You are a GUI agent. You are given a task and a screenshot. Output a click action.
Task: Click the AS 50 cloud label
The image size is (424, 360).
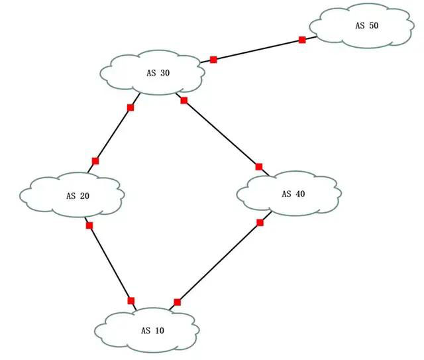(366, 25)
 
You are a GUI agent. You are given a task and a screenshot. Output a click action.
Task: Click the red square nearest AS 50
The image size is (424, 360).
(302, 40)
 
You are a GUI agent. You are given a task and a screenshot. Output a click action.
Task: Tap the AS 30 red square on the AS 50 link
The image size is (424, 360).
(213, 60)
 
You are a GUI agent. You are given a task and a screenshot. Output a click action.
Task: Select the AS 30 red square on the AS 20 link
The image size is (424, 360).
(131, 107)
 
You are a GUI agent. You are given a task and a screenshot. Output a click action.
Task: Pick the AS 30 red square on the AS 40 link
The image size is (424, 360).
(184, 101)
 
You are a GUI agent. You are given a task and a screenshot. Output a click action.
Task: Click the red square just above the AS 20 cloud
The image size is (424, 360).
(95, 161)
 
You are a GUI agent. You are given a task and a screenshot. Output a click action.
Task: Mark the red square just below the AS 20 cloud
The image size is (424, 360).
(89, 226)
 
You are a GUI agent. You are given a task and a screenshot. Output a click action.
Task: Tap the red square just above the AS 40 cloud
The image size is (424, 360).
(259, 166)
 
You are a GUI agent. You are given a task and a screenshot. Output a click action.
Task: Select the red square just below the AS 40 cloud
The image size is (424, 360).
(260, 223)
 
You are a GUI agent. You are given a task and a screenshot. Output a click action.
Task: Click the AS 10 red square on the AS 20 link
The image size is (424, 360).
(131, 300)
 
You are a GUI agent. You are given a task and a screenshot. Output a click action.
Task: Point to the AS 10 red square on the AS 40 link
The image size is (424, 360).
(177, 302)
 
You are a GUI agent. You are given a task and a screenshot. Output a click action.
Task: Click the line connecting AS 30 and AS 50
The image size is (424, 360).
(258, 50)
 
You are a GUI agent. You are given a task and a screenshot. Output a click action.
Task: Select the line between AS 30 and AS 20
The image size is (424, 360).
(113, 135)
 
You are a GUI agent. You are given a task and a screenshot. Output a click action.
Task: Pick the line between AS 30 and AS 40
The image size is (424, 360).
(222, 134)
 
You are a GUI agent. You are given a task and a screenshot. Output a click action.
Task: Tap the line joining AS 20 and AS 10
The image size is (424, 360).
(111, 263)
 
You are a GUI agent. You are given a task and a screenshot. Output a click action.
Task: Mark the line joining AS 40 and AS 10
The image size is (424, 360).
(219, 263)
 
